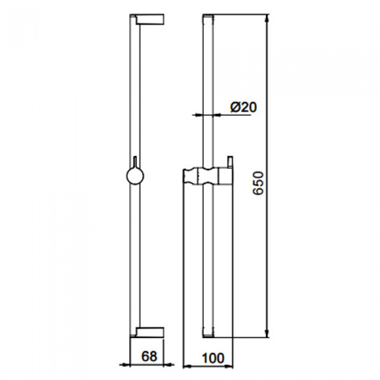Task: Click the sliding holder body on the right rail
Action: click(206, 178)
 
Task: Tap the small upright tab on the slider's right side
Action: click(231, 163)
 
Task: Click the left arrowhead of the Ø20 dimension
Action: click(199, 115)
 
